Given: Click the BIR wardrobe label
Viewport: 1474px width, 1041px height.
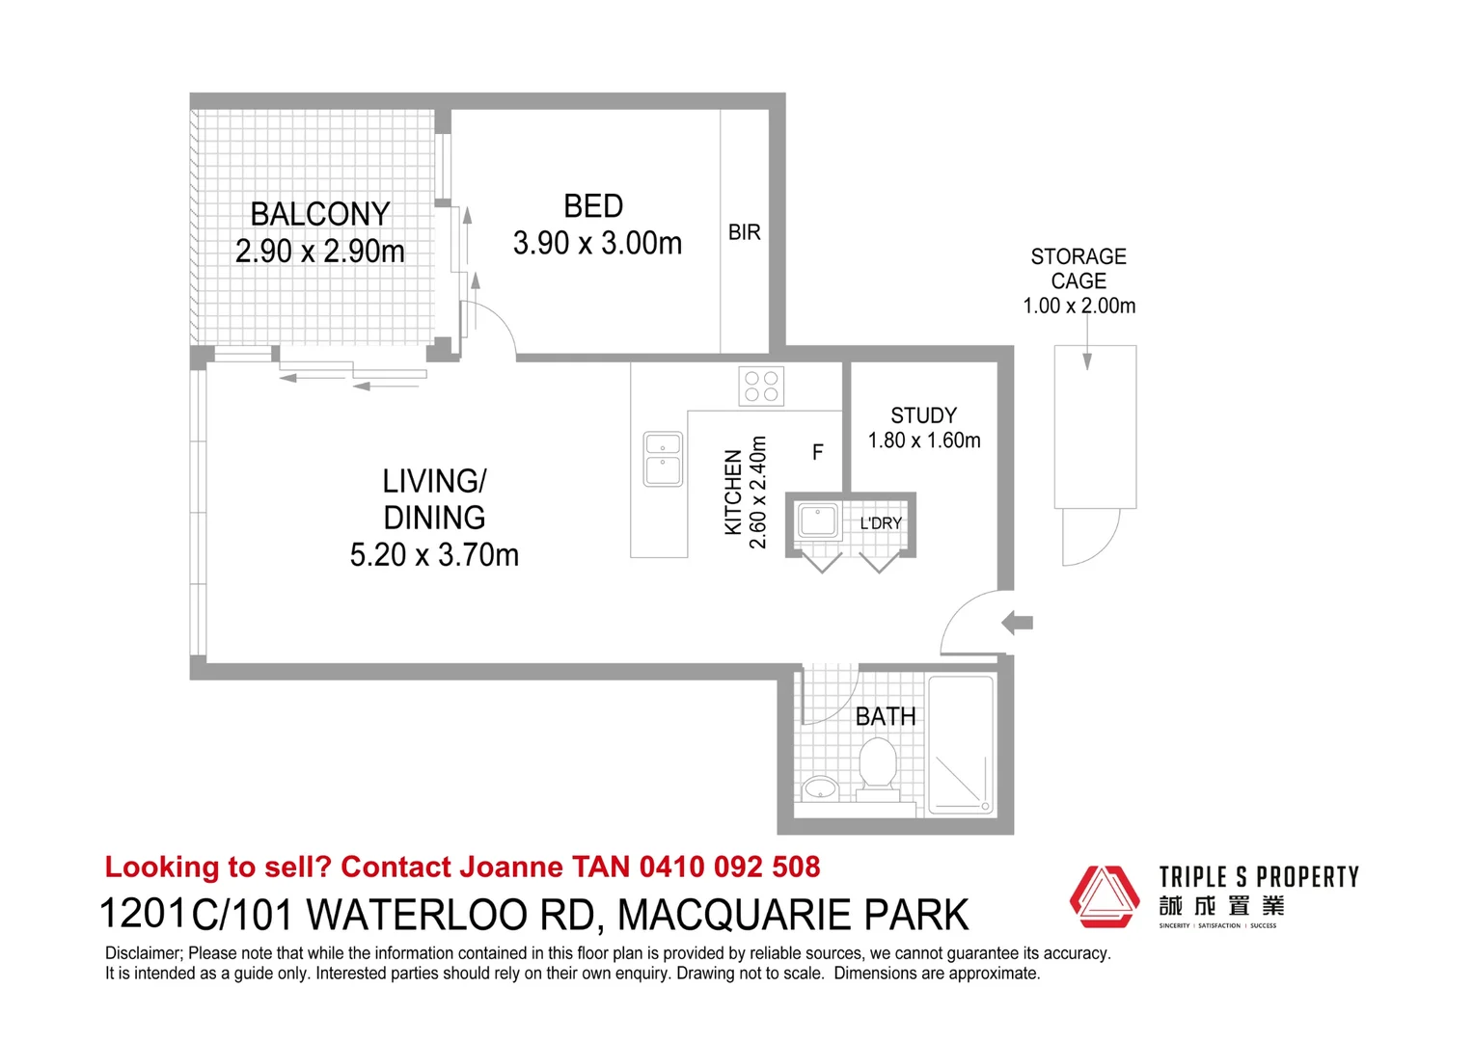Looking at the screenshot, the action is tap(745, 232).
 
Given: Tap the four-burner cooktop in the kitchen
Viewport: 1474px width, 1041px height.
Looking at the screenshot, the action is tap(761, 386).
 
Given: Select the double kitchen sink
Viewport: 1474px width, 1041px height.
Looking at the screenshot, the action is tap(663, 459).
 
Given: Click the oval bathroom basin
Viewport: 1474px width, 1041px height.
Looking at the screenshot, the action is tap(820, 787).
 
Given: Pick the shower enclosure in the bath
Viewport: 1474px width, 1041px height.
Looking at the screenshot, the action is tap(960, 744).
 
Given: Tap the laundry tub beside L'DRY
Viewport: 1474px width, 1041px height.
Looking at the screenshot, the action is tap(818, 520).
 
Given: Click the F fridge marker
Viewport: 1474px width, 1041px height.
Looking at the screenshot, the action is tap(818, 452).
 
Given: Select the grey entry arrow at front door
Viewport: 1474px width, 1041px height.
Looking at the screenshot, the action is tap(1018, 622).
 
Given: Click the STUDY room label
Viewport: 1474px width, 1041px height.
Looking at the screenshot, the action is tap(924, 414).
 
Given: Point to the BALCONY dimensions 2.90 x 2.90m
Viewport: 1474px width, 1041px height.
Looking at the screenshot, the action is tap(320, 252).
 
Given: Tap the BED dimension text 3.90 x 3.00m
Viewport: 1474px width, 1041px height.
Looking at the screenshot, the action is tap(597, 243).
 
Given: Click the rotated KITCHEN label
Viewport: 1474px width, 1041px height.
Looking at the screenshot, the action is tap(733, 492).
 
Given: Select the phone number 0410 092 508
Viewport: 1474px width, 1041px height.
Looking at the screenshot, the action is tap(729, 867).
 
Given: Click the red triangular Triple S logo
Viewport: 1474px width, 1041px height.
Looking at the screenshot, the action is tap(1105, 896).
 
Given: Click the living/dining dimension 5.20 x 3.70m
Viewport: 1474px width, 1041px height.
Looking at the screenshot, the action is tap(434, 555).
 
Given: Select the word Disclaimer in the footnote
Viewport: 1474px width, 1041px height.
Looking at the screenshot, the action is tap(141, 953).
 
